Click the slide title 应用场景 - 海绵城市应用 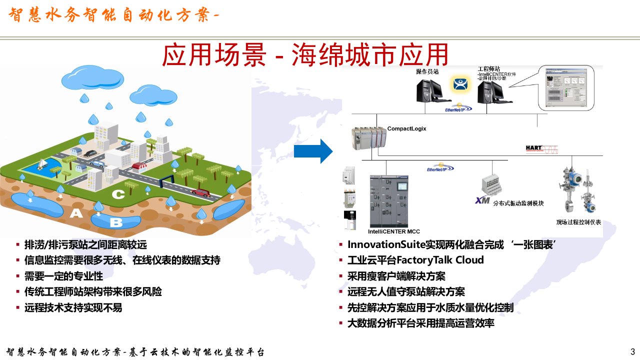[305, 55]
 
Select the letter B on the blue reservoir [115, 222]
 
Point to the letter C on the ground [118, 194]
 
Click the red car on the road [201, 192]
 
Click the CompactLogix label [406, 128]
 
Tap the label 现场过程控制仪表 [578, 222]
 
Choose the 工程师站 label [488, 69]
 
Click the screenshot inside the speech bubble [566, 87]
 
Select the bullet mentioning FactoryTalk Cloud [415, 260]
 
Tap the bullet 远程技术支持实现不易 [73, 307]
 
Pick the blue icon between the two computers [460, 84]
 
